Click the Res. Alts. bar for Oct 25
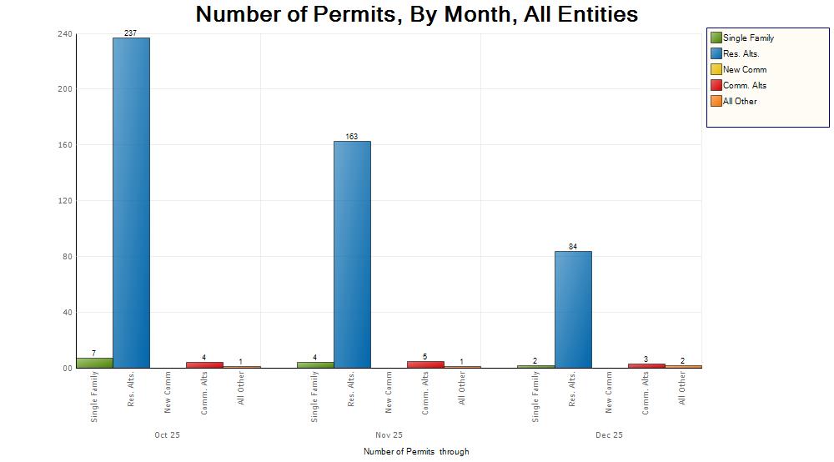click(131, 203)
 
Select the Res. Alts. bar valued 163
click(352, 254)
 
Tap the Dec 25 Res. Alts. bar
click(573, 309)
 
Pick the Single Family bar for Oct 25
click(94, 363)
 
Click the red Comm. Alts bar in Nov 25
click(425, 364)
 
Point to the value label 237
click(130, 33)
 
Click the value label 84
click(573, 247)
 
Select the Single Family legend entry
click(748, 38)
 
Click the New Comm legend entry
click(745, 69)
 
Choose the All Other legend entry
click(740, 101)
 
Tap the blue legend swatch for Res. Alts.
click(716, 53)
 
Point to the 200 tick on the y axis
click(64, 89)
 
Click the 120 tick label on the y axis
click(64, 201)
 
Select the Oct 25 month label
click(168, 435)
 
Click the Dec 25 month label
click(609, 435)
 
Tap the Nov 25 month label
click(389, 435)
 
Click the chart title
click(417, 14)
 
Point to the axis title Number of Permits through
click(416, 452)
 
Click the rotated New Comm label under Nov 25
click(389, 394)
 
